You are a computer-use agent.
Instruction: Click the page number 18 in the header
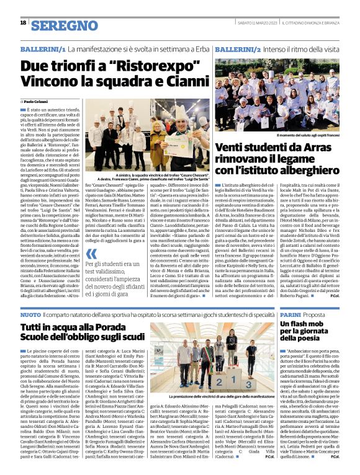23,22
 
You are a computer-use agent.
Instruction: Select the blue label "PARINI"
291,316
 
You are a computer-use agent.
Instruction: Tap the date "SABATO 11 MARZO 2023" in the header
246,23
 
